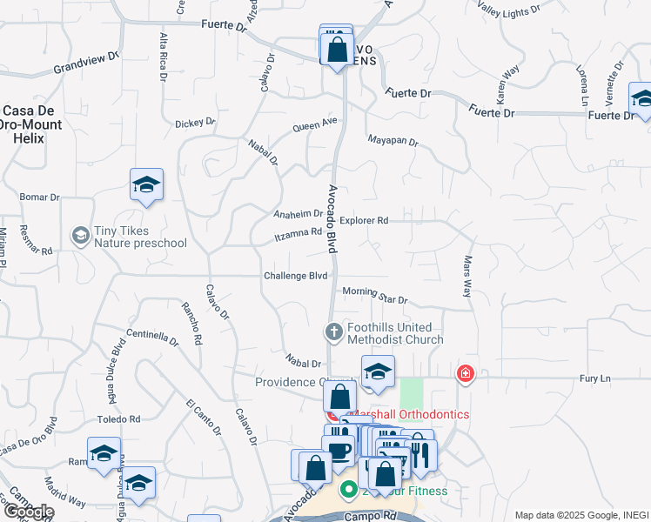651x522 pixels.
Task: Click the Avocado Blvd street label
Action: point(332,218)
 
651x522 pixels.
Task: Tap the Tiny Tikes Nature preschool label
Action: point(131,237)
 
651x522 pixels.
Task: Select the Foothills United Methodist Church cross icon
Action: point(332,331)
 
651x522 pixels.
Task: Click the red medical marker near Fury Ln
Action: point(466,374)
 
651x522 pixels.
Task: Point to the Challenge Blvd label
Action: point(296,276)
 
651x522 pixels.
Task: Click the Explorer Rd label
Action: point(364,221)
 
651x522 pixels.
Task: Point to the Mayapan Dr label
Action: point(393,140)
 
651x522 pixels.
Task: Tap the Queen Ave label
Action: point(314,125)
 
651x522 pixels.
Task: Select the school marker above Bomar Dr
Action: point(146,184)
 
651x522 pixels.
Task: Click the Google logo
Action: point(29,512)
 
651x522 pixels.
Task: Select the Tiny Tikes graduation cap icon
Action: point(80,235)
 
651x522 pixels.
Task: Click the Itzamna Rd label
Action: point(299,233)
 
